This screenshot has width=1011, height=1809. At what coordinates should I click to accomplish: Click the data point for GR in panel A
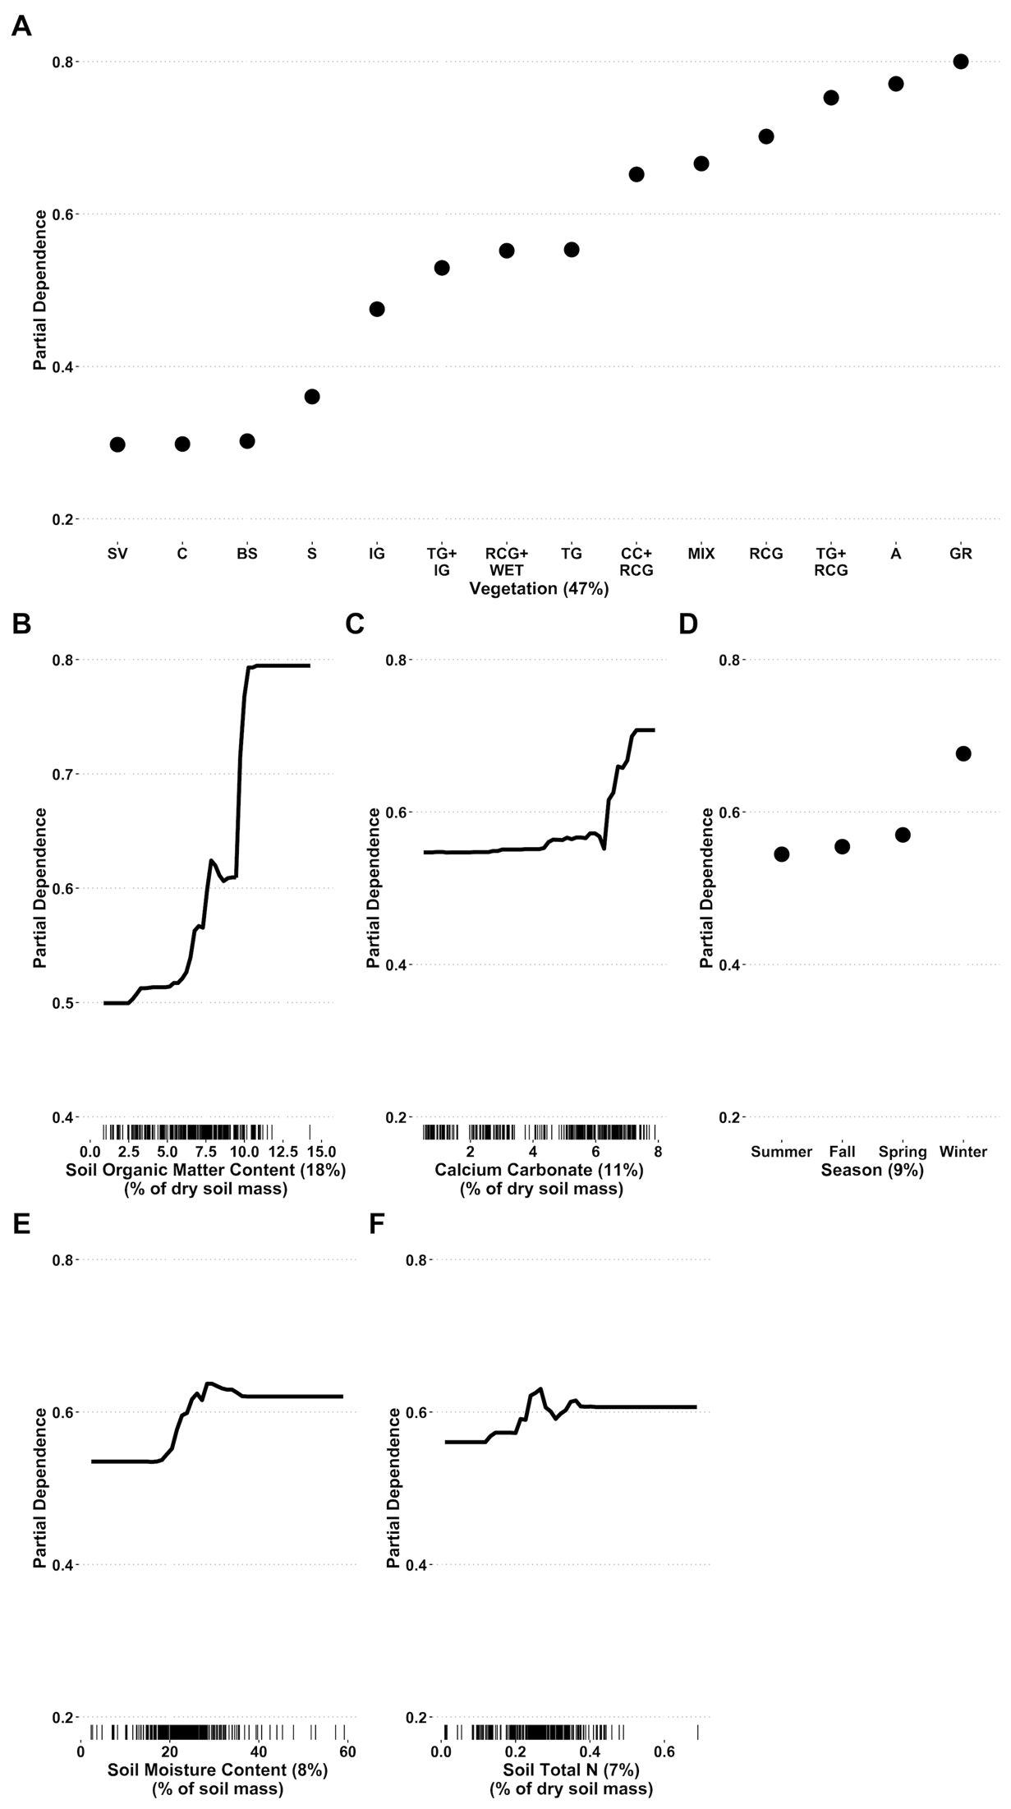(960, 62)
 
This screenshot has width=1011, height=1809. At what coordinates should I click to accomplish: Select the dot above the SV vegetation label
(117, 444)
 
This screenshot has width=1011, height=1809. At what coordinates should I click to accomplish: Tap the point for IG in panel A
(377, 309)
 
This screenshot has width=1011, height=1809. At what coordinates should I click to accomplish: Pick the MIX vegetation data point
(701, 163)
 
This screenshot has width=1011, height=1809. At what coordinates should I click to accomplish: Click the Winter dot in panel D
(963, 753)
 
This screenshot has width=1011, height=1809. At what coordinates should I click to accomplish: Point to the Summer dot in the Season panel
(782, 854)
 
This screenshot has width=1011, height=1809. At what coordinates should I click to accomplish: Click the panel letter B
(22, 624)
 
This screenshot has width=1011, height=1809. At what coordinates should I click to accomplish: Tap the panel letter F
(377, 1224)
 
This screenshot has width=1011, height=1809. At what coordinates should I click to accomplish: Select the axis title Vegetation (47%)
(539, 588)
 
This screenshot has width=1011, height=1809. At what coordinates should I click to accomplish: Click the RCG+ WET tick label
(507, 562)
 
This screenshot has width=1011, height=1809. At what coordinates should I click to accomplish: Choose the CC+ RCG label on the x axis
(636, 562)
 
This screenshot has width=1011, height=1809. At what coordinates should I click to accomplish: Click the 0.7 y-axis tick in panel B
(62, 774)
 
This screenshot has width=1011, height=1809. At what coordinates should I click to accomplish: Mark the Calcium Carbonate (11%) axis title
(540, 1170)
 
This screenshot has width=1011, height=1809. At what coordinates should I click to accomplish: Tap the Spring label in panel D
(903, 1152)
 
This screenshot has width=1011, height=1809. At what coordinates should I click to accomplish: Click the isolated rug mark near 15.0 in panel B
(310, 1131)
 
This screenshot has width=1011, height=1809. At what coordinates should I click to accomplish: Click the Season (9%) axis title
(872, 1170)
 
